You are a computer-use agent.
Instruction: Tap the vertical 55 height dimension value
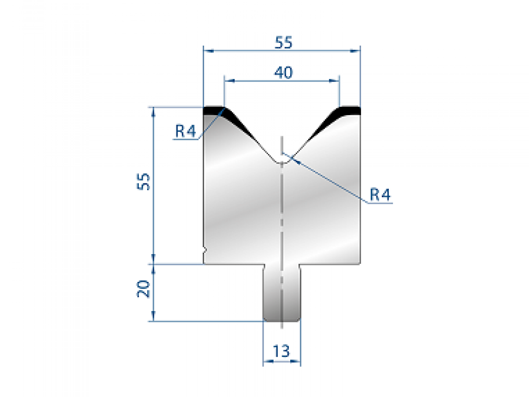pyautogui.click(x=144, y=181)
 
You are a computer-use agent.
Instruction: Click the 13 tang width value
pyautogui.click(x=281, y=351)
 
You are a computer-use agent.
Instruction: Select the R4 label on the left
pyautogui.click(x=186, y=131)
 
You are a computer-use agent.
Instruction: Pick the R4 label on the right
pyautogui.click(x=380, y=195)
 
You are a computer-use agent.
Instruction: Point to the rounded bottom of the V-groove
pyautogui.click(x=282, y=161)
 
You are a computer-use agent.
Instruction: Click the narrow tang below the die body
pyautogui.click(x=282, y=293)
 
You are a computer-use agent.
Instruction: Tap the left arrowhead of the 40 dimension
pyautogui.click(x=228, y=81)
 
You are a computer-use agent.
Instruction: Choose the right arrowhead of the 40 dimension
pyautogui.click(x=336, y=81)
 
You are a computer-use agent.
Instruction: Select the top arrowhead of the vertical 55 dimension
pyautogui.click(x=153, y=110)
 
